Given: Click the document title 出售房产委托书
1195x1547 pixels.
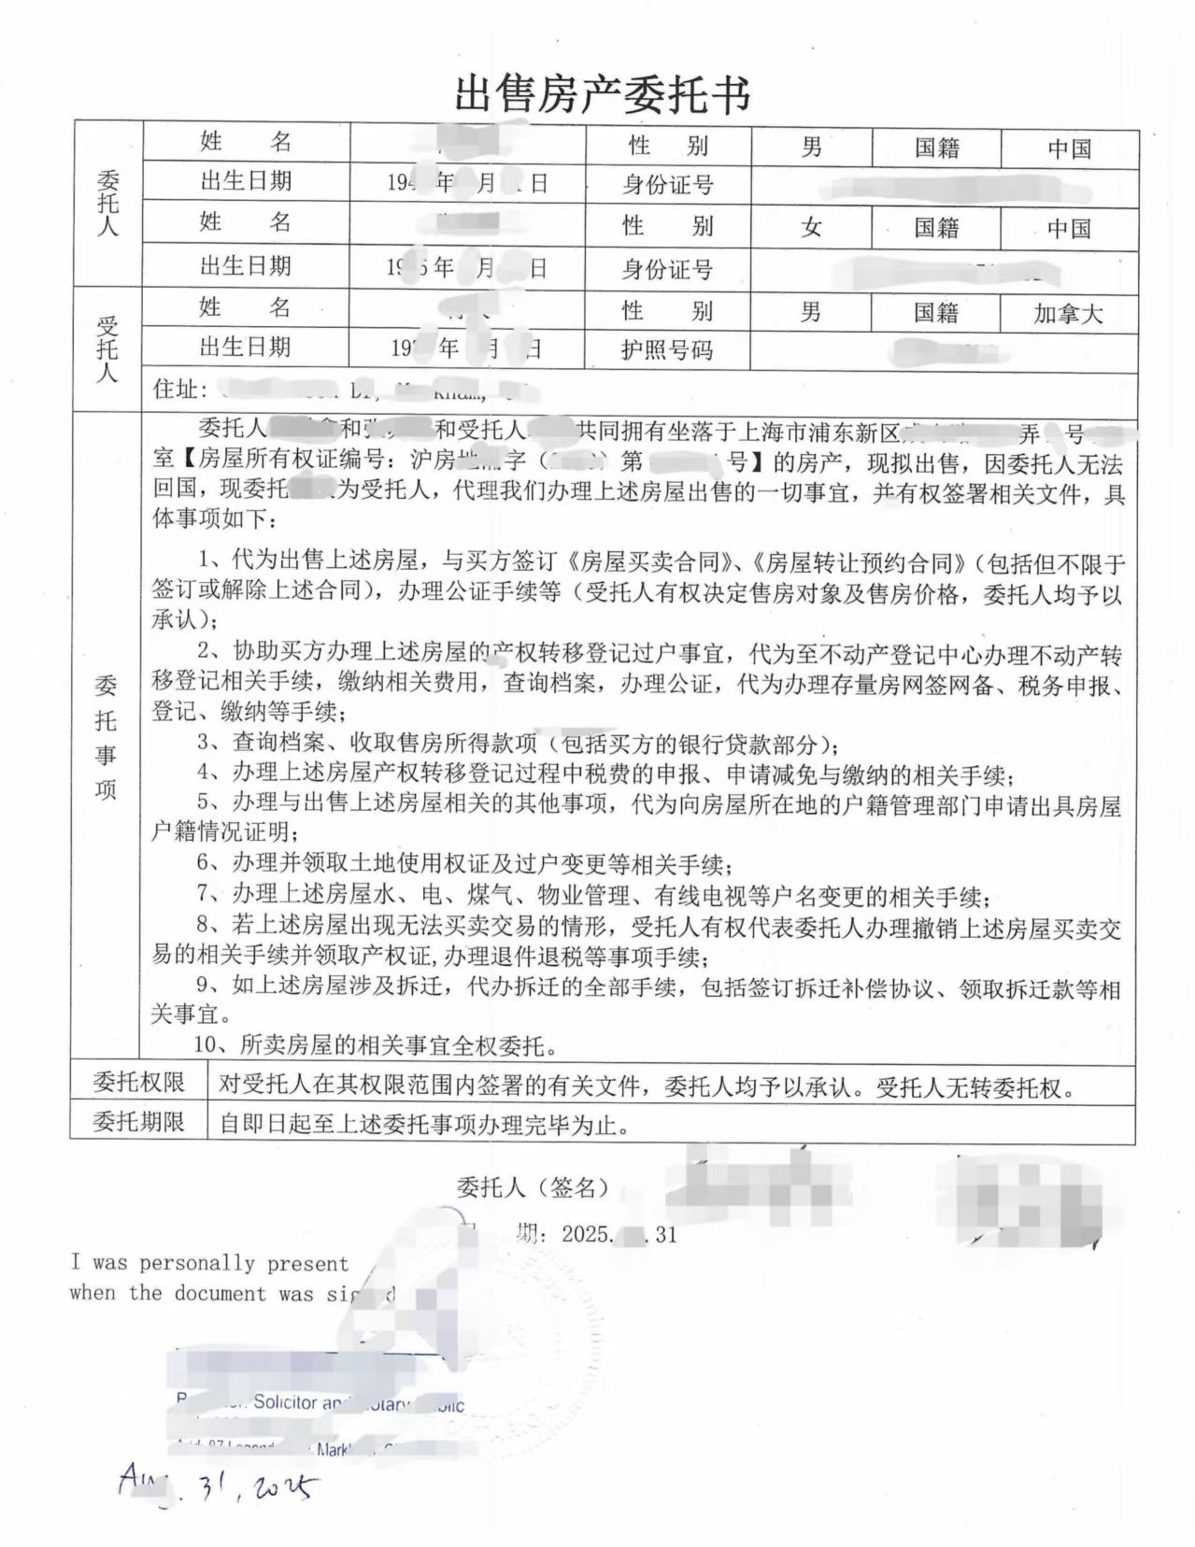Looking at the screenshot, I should pyautogui.click(x=602, y=95).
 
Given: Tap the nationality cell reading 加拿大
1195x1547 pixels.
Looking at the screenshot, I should pyautogui.click(x=1068, y=314).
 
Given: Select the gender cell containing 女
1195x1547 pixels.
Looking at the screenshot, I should pyautogui.click(x=811, y=228).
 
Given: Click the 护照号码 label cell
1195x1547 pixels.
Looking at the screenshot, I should pyautogui.click(x=666, y=351).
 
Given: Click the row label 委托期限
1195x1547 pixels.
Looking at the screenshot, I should pyautogui.click(x=139, y=1122).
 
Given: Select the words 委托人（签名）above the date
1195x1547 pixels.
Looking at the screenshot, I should pyautogui.click(x=533, y=1187).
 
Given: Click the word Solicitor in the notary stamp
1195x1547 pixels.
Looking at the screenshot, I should pyautogui.click(x=285, y=1402).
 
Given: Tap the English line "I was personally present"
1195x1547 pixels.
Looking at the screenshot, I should pyautogui.click(x=209, y=1263).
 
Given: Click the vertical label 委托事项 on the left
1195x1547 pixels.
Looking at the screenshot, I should pyautogui.click(x=106, y=738).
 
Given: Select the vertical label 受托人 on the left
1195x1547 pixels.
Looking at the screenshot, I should pyautogui.click(x=108, y=349).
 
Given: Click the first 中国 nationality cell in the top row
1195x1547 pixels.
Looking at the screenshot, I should pyautogui.click(x=1069, y=149).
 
